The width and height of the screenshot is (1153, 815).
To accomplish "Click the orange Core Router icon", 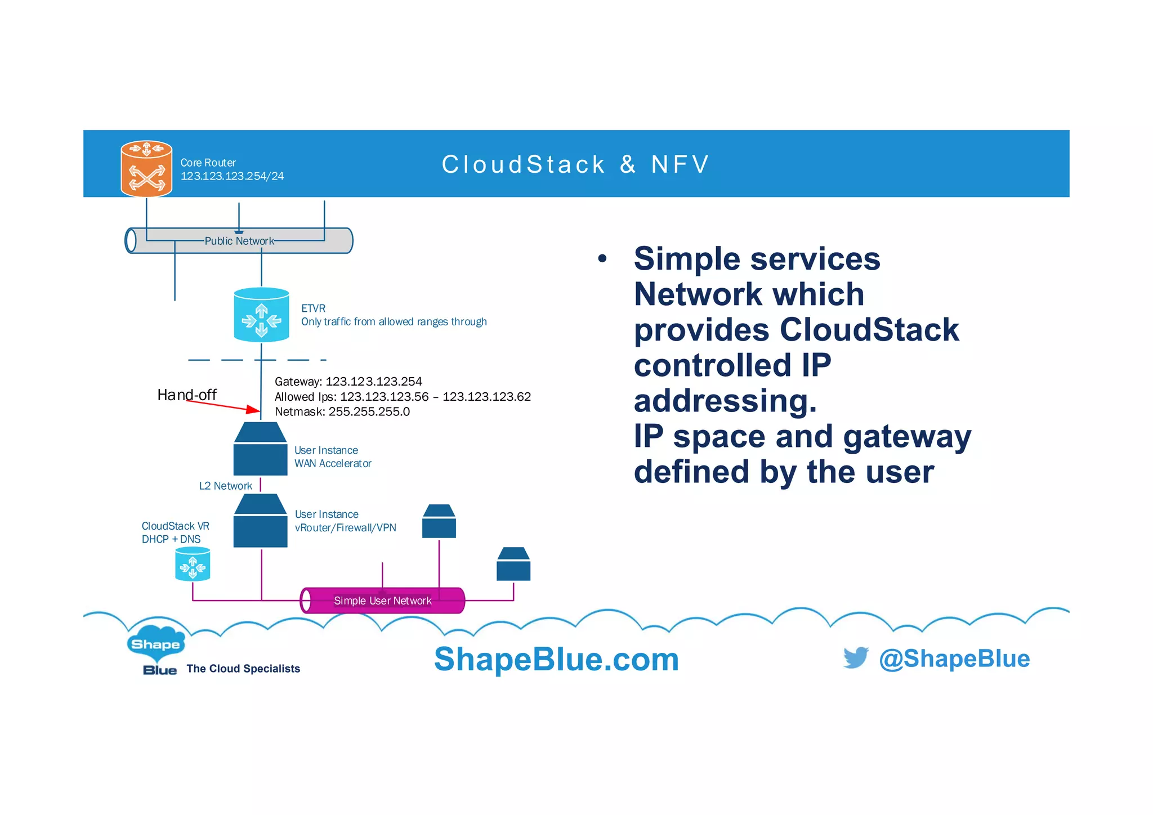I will pos(146,169).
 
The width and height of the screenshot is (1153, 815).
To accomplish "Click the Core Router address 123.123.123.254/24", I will pos(232,176).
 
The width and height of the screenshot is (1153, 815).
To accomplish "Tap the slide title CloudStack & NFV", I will pos(575,164).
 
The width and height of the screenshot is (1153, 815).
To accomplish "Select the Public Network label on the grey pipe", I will pos(239,241).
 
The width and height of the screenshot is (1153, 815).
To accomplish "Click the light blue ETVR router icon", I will pos(261,315).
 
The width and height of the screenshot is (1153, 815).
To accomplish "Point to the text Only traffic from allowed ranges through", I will pos(394,322).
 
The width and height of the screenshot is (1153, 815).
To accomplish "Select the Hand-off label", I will pos(186,395).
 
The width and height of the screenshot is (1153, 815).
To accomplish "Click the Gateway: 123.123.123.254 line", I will pos(348,382).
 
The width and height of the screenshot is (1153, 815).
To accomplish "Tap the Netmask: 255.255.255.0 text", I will pos(342,412).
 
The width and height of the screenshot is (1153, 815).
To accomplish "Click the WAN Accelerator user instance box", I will pos(260,450).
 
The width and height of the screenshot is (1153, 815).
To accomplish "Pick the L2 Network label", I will pos(225,486).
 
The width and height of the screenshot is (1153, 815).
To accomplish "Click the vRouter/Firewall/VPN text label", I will pos(345,528).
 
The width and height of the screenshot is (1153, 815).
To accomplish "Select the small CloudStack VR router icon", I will pos(193,564).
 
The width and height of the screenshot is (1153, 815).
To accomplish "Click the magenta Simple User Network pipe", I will pos(382,601).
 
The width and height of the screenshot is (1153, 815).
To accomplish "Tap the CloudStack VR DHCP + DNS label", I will pos(175,532).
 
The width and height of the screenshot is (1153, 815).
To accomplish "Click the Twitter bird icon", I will pos(856,657).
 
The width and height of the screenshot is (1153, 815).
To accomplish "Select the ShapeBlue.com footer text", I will pos(556,659).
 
